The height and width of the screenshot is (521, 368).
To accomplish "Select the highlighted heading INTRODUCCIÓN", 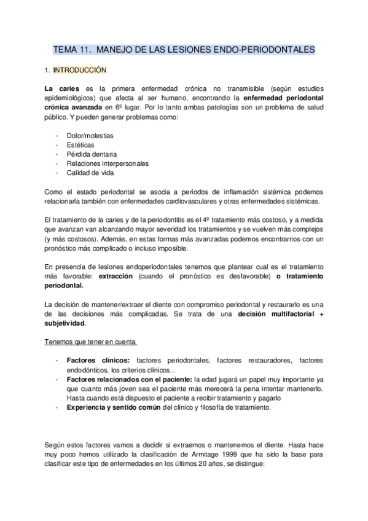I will point(80,70).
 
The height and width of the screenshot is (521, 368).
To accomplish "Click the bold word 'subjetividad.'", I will point(66,323).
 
